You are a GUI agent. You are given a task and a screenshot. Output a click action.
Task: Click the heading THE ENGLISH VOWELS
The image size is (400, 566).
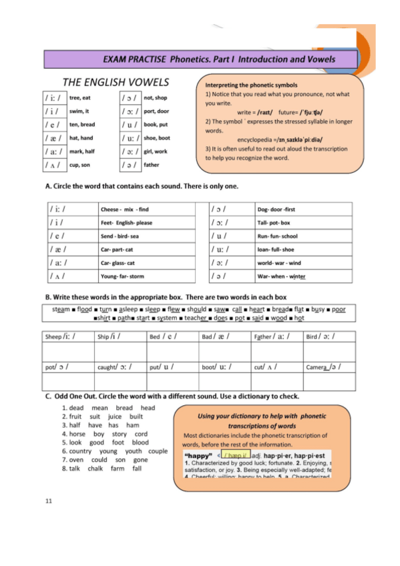pos(116,83)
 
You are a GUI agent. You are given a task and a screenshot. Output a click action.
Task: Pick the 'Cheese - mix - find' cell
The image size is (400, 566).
pos(124,209)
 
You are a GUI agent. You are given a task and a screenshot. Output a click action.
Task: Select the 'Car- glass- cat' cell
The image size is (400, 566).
pos(117,262)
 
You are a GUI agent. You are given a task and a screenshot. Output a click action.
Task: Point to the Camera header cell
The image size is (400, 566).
pos(329,366)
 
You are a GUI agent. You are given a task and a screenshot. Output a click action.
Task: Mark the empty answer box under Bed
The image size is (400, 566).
pos(172,351)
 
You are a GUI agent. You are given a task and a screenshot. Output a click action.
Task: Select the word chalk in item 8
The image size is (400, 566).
pos(96,469)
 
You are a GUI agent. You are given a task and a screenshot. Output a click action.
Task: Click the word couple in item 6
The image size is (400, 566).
pos(158,451)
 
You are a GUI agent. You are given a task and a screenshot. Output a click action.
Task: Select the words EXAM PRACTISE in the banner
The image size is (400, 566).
pos(134,59)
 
